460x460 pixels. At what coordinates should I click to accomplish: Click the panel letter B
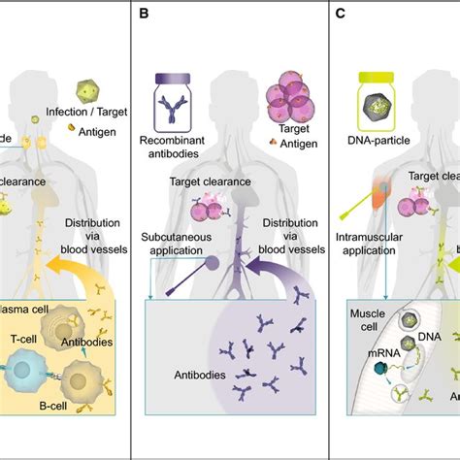(x=145, y=15)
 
